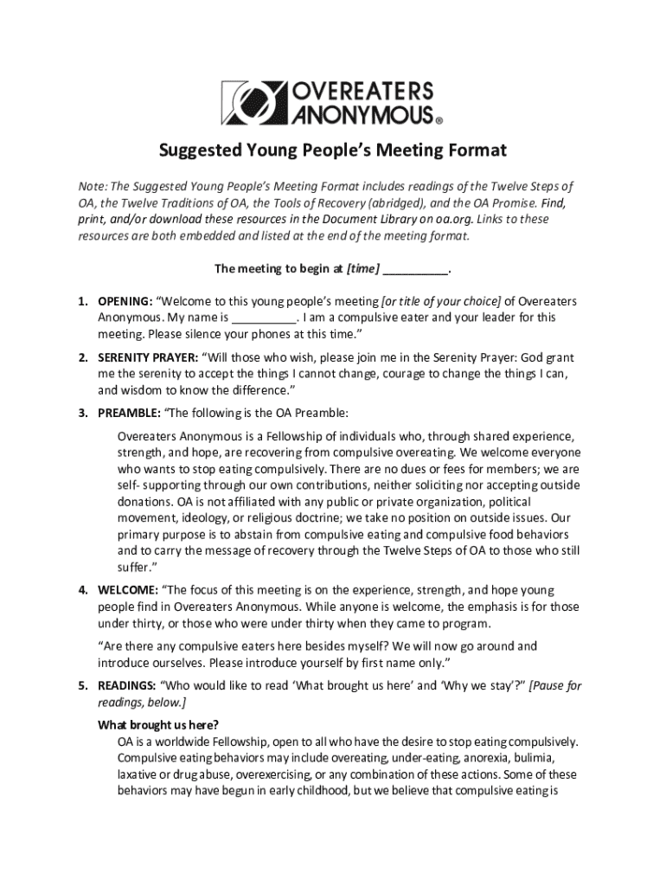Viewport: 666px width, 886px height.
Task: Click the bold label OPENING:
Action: tap(124, 301)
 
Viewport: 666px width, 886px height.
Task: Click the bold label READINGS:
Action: tap(126, 685)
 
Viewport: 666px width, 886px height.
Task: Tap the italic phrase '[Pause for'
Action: tap(555, 685)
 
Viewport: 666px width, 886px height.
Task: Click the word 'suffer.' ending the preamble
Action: tap(134, 567)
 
